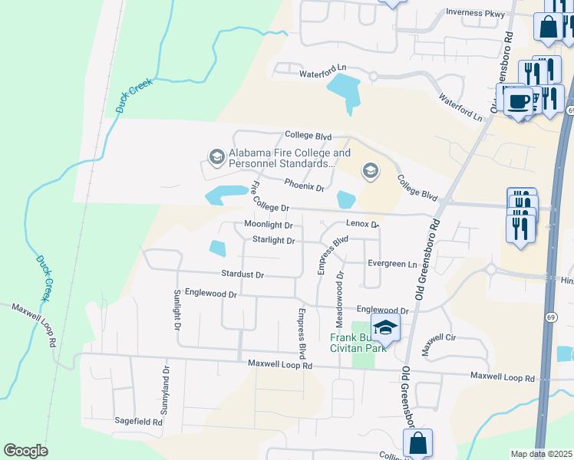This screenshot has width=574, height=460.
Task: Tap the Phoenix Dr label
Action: click(x=305, y=185)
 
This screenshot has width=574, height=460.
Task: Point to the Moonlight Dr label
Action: click(x=269, y=225)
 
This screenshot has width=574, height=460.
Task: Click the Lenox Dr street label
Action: click(x=362, y=225)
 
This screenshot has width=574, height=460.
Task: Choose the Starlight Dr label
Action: click(x=274, y=240)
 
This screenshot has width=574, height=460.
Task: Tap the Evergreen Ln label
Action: click(x=391, y=263)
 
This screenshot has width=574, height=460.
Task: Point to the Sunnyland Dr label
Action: click(x=164, y=391)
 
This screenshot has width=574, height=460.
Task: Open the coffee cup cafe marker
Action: click(x=520, y=102)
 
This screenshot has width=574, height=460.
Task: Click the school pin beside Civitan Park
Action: click(x=386, y=328)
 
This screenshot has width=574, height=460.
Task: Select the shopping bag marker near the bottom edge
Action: click(x=417, y=443)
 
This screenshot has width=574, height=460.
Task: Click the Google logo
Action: click(x=25, y=451)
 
